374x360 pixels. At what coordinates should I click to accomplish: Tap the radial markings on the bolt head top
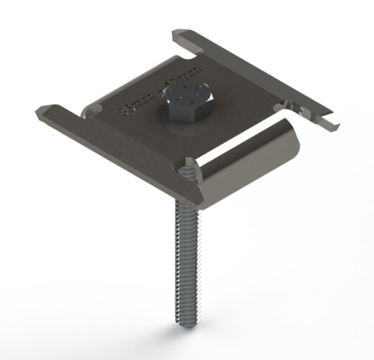coord(185,93)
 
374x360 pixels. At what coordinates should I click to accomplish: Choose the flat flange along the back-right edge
coord(260,75)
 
